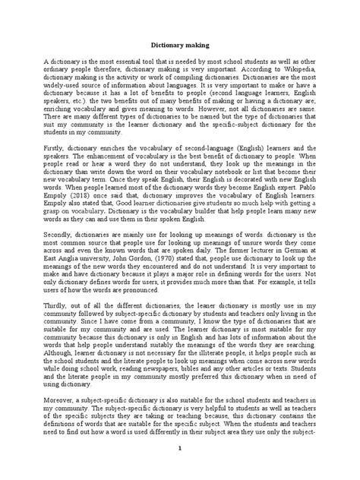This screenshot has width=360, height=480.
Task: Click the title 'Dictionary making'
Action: coord(179,45)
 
